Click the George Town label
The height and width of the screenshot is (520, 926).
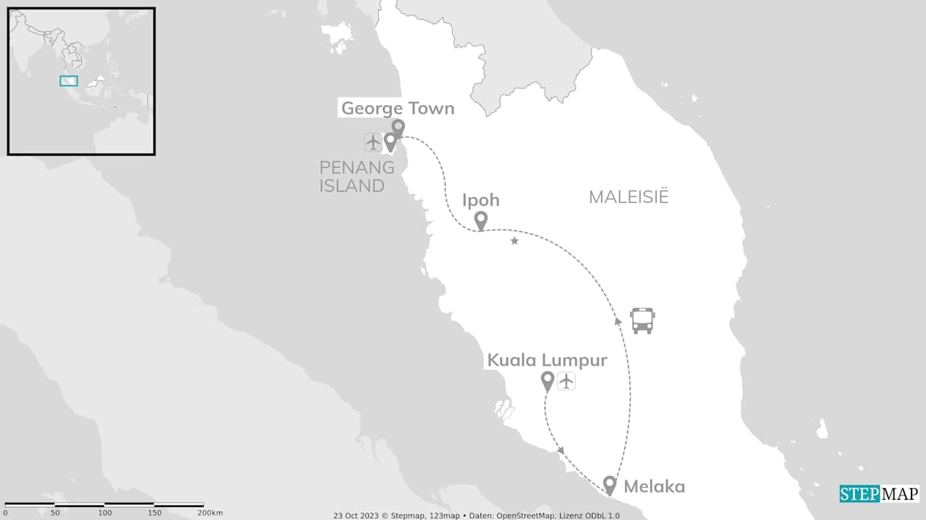397,109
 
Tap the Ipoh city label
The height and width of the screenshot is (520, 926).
480,201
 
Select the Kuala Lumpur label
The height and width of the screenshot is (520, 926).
547,360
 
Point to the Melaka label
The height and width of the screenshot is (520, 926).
654,487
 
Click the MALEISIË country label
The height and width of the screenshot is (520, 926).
628,197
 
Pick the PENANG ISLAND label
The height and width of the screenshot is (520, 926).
357,177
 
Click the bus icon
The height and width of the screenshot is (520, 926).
642,320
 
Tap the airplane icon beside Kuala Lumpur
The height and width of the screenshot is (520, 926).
566,380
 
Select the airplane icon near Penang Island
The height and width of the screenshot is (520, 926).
373,142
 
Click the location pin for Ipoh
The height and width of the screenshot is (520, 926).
480,220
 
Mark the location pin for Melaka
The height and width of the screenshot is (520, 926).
610,485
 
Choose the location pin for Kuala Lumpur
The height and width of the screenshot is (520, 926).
548,380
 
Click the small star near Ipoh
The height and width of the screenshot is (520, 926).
514,240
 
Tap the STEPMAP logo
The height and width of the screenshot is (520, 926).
879,494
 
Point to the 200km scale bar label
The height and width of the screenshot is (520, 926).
210,513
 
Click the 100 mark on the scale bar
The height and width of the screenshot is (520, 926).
105,513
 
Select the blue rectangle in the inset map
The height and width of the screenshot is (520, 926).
69,81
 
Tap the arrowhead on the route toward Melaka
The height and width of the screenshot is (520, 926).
561,450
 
